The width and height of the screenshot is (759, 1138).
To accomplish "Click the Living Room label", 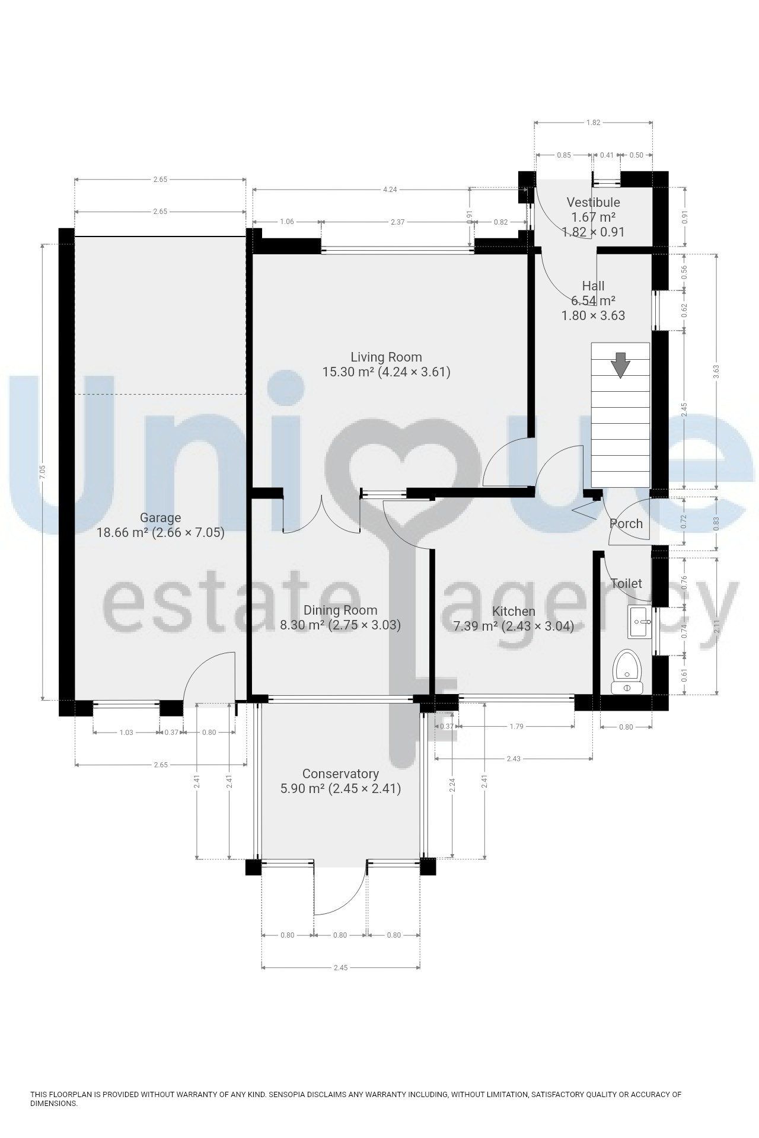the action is click(x=386, y=357).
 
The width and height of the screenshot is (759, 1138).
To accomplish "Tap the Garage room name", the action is click(x=160, y=518).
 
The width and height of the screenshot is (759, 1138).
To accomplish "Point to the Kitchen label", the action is click(x=514, y=611).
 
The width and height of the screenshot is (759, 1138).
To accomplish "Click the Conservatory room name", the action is click(x=340, y=774).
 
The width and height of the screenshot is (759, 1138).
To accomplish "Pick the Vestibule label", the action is click(x=593, y=203).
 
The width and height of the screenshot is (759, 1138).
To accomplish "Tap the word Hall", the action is click(x=593, y=286).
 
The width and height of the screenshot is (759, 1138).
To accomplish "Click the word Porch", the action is click(x=626, y=524).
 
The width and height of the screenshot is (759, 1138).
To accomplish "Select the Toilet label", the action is click(x=626, y=584).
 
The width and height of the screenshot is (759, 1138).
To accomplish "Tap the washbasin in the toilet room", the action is click(x=639, y=622).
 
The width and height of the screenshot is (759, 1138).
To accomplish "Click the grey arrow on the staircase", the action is click(x=621, y=365).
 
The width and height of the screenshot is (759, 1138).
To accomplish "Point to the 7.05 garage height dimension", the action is click(x=42, y=472).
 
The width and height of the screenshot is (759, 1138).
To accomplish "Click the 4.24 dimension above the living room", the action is click(x=390, y=190).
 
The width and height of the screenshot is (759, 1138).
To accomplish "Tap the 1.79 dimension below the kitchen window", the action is click(x=516, y=727).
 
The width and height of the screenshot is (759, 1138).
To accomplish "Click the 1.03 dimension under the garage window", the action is click(x=126, y=733).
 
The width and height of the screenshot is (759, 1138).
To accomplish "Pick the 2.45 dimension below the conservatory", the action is click(x=340, y=968).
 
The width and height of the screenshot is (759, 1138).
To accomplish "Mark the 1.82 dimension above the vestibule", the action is click(x=593, y=123).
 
